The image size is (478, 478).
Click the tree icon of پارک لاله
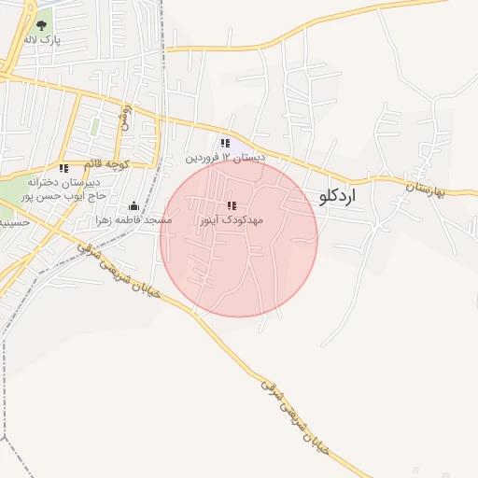click(41, 25)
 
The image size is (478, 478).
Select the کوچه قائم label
click(104, 164)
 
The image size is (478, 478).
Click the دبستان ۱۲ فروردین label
click(225, 158)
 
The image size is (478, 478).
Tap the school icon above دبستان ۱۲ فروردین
click(225, 144)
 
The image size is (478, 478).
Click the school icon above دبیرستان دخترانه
click(63, 169)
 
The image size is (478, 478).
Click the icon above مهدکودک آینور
click(232, 205)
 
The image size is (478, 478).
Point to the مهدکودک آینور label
click(232, 219)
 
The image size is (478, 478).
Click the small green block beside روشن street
click(94, 126)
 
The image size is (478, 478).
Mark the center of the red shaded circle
click(239, 238)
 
